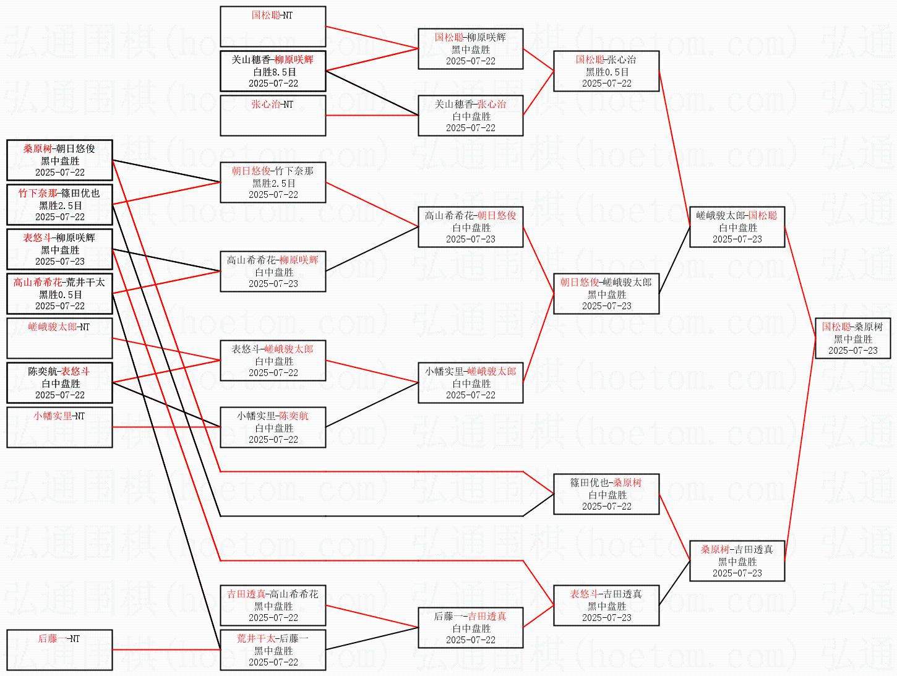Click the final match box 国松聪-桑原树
point(853,338)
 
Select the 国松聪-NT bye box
point(273,27)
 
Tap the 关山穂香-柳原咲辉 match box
point(273,71)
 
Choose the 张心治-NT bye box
point(273,115)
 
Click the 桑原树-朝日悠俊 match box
point(59,160)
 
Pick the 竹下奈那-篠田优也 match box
point(59,205)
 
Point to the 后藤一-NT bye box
point(59,650)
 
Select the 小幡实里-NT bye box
point(59,427)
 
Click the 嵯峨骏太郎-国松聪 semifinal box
point(737,227)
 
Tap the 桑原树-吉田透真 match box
point(737,561)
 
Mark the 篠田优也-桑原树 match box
point(606,494)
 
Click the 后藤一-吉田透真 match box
point(470,628)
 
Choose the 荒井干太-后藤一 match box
point(273,650)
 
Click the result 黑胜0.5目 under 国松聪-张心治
point(607,72)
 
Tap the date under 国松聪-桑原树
point(853,350)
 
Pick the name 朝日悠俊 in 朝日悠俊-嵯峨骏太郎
point(580,283)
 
